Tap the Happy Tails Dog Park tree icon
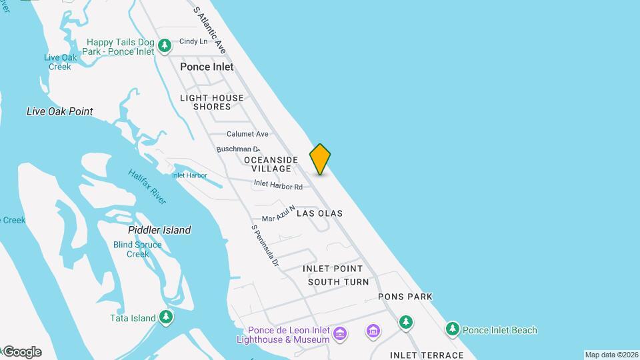click(165, 47)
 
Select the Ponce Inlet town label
click(207, 67)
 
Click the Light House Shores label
click(212, 102)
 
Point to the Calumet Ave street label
click(247, 134)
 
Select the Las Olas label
click(319, 213)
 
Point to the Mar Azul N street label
click(278, 213)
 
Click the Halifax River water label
click(147, 187)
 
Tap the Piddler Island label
click(159, 230)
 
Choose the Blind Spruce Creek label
click(137, 249)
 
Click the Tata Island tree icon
click(166, 318)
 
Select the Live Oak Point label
click(60, 111)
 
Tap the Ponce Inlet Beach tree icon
click(453, 329)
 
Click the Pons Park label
click(405, 297)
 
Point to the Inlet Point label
click(333, 269)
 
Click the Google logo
click(21, 352)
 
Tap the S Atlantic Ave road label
click(209, 30)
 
